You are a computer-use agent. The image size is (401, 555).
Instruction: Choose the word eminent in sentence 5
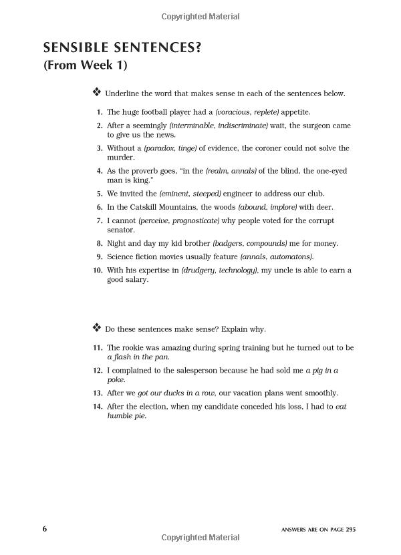coord(175,194)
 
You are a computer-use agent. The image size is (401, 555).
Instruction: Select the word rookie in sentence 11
coord(134,348)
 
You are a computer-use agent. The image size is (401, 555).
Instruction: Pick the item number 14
coord(98,406)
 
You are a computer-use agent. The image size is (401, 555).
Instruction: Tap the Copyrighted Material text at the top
coord(200,17)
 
